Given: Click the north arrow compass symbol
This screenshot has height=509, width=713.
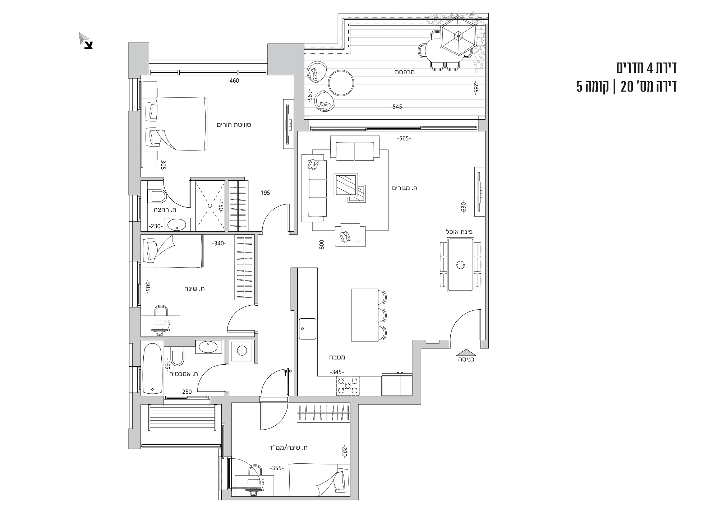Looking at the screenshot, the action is click(x=86, y=40).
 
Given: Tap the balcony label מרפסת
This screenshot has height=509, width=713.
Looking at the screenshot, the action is click(x=405, y=72).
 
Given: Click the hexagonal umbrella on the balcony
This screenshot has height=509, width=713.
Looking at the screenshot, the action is click(x=458, y=35).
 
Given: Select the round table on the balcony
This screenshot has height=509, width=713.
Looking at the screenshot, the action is click(x=341, y=83).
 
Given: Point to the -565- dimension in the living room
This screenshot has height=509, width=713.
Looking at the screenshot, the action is click(x=404, y=138).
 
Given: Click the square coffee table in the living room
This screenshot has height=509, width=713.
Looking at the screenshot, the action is click(x=345, y=185).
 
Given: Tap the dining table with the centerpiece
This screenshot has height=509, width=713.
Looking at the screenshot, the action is click(x=460, y=264).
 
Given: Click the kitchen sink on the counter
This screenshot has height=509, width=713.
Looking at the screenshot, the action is click(x=308, y=328).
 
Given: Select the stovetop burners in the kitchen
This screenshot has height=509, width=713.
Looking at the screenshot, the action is click(x=348, y=386).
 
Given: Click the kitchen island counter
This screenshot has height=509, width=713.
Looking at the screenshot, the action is click(x=365, y=315).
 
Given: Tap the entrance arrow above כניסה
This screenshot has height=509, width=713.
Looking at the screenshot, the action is click(x=466, y=352).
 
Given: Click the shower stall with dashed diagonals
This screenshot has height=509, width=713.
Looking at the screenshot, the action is click(x=210, y=205).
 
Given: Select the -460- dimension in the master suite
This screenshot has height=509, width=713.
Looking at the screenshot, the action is click(x=234, y=80).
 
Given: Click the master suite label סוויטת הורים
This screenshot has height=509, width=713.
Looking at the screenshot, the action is click(x=234, y=125).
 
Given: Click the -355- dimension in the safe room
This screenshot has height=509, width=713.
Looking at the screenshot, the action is click(x=276, y=468).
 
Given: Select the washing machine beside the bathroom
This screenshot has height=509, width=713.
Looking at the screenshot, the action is click(x=241, y=350).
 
